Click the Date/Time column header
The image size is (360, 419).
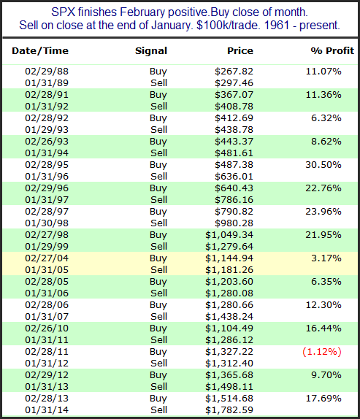[x=40, y=51]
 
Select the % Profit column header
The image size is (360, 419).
[x=332, y=51]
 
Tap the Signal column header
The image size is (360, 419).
[x=151, y=51]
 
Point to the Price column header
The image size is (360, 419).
[x=240, y=51]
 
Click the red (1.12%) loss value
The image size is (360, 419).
[x=322, y=352]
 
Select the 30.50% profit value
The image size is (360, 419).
[x=323, y=165]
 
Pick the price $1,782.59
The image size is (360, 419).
[x=229, y=410]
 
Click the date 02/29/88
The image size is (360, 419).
[x=47, y=72]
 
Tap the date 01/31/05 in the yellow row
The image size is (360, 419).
[x=47, y=270]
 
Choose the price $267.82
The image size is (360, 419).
[x=234, y=72]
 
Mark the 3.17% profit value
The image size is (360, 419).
[x=326, y=258]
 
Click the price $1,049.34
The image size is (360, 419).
[x=229, y=235]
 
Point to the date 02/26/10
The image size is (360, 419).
[x=47, y=328]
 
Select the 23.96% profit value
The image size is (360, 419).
[x=323, y=212]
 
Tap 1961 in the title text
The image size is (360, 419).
[x=277, y=26]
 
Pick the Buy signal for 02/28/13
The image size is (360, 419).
[x=158, y=399]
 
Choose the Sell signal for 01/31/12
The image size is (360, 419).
[x=158, y=363]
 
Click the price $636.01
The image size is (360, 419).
[x=234, y=177]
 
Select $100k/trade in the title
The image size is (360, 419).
[x=229, y=26]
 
